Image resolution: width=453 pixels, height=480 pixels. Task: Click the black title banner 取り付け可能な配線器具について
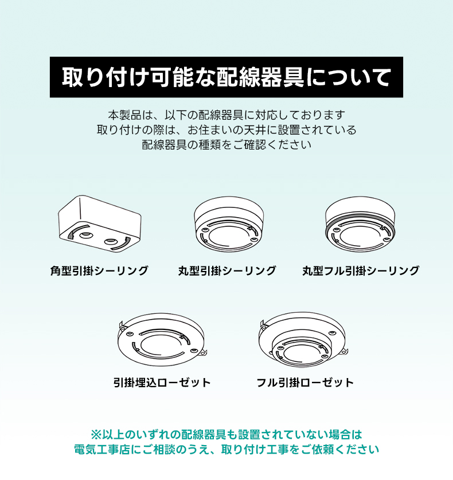tap(226, 77)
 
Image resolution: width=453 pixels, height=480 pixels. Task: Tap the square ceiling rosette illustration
tap(100, 224)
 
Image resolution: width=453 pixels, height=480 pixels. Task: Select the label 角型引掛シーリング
tap(99, 270)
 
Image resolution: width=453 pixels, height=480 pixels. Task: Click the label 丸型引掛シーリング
tap(227, 270)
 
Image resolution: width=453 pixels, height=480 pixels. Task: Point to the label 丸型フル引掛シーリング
tap(361, 270)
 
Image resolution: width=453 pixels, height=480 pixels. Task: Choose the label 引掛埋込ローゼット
tap(162, 383)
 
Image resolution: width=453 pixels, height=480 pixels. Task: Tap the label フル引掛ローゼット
tap(305, 383)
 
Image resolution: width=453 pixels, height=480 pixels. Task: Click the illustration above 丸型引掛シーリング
tap(229, 224)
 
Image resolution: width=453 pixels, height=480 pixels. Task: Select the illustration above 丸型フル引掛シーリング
tap(360, 224)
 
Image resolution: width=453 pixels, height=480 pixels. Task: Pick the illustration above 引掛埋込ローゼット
tap(162, 339)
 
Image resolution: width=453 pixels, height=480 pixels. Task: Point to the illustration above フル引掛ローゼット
tap(303, 339)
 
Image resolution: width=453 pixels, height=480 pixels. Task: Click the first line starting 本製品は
tap(226, 115)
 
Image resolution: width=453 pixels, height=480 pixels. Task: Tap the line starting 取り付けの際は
tap(226, 130)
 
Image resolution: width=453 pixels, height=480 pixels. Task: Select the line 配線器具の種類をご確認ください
tap(226, 145)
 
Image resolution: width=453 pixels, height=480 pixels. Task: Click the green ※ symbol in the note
tap(96, 435)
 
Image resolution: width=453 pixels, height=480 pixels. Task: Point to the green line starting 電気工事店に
tap(226, 450)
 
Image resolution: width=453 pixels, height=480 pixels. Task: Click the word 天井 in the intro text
tap(255, 130)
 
